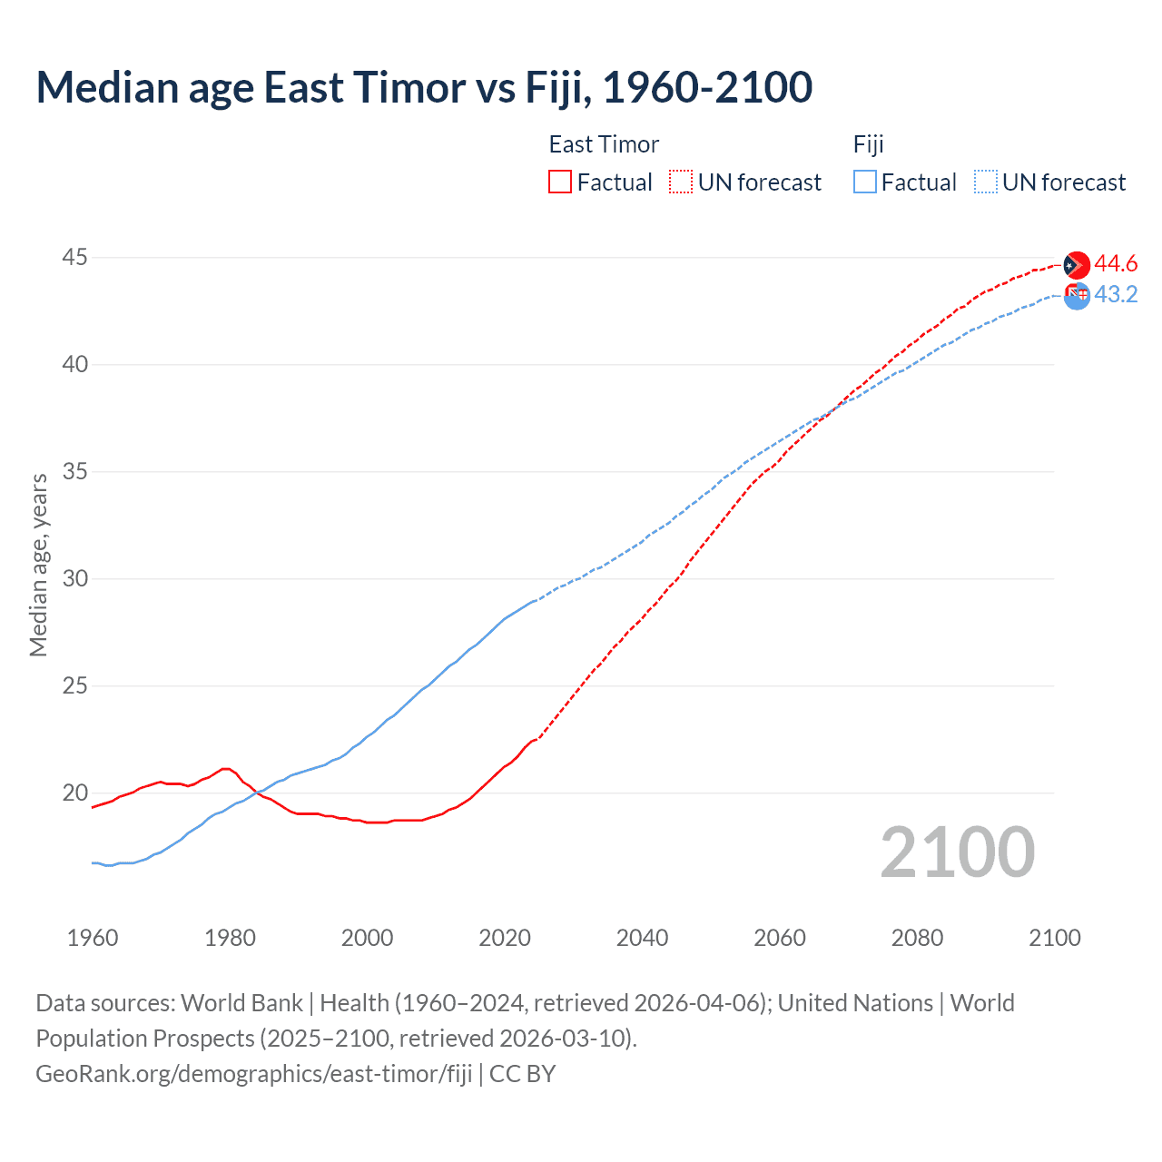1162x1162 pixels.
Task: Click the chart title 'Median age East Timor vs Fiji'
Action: tap(423, 87)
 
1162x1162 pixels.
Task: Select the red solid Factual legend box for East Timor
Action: tap(560, 182)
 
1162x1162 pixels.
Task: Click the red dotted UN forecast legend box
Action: tap(681, 182)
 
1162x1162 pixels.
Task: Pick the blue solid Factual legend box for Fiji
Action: tap(865, 182)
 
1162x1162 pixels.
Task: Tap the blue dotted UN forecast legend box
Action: tap(986, 182)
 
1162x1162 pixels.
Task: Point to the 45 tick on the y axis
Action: tap(74, 258)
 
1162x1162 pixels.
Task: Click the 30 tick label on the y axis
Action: tap(74, 578)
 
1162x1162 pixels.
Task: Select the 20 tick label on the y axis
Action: tap(74, 793)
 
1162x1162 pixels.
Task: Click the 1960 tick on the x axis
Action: tap(93, 938)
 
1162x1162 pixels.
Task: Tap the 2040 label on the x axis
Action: tap(642, 938)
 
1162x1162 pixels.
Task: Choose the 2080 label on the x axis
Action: tap(917, 938)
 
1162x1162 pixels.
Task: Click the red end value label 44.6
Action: tap(1116, 264)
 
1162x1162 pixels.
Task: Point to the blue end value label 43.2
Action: tap(1116, 295)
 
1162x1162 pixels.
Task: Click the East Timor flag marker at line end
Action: tap(1076, 265)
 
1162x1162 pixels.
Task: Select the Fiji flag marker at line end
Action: tap(1077, 295)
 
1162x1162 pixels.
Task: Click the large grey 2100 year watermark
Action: tap(957, 852)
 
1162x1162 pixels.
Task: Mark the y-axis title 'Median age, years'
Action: tap(38, 565)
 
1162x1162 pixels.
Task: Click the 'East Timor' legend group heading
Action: tap(604, 144)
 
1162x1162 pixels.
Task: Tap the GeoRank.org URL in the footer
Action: tap(254, 1074)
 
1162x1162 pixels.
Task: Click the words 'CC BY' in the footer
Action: tap(523, 1074)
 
